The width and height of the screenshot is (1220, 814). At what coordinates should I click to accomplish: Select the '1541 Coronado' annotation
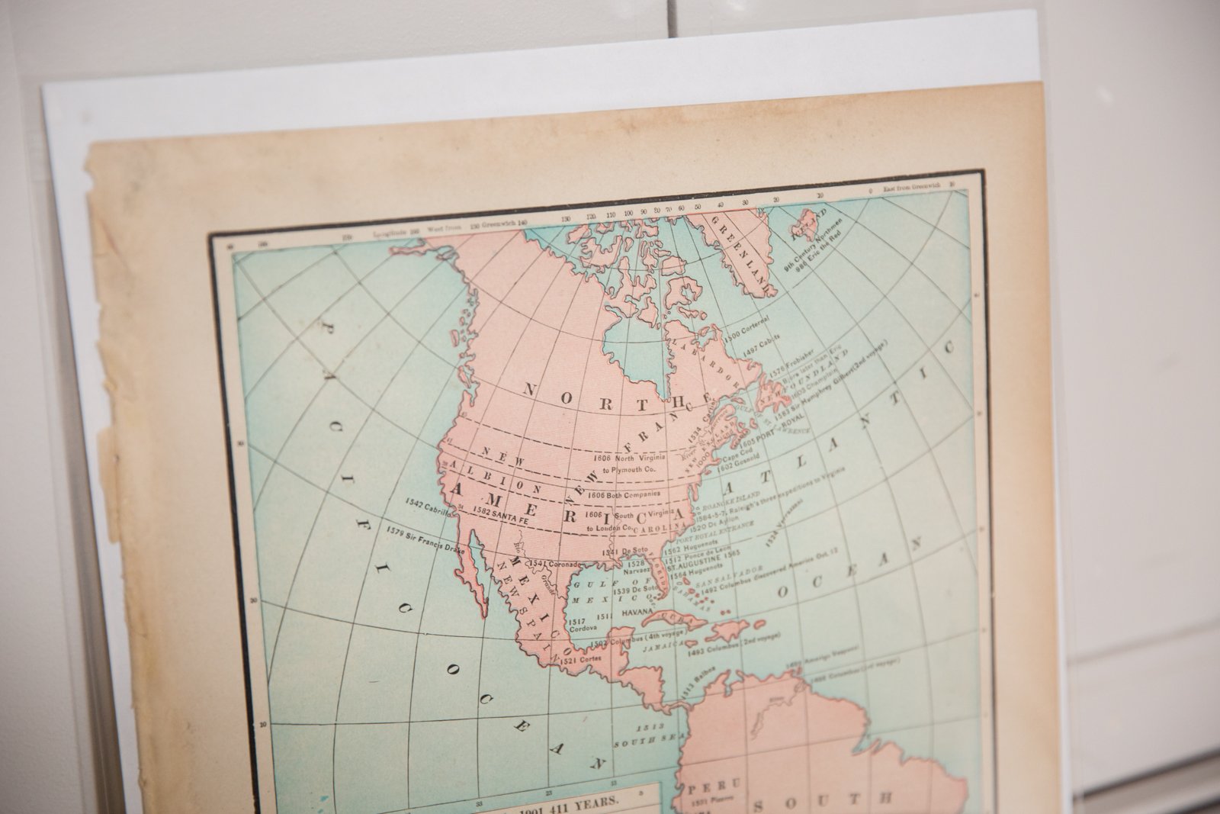tap(550, 564)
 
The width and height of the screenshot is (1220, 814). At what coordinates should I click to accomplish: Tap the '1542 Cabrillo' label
tap(430, 504)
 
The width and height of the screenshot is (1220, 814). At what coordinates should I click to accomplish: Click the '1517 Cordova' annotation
tap(580, 623)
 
